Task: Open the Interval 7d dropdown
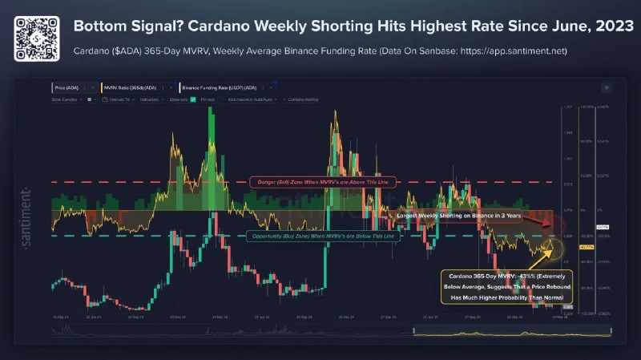click(121, 99)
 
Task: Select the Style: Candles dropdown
click(68, 99)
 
